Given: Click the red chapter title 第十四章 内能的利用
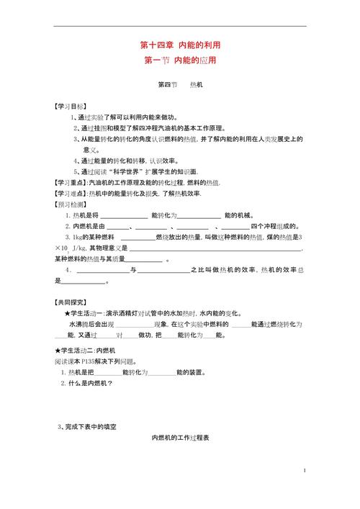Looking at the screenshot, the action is (x=180, y=45).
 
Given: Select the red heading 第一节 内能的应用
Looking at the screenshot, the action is (x=180, y=60).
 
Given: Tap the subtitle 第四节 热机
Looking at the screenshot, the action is (x=180, y=84).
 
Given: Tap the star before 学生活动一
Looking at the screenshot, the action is (x=67, y=313).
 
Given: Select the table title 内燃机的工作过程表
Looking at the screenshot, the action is (x=180, y=438).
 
